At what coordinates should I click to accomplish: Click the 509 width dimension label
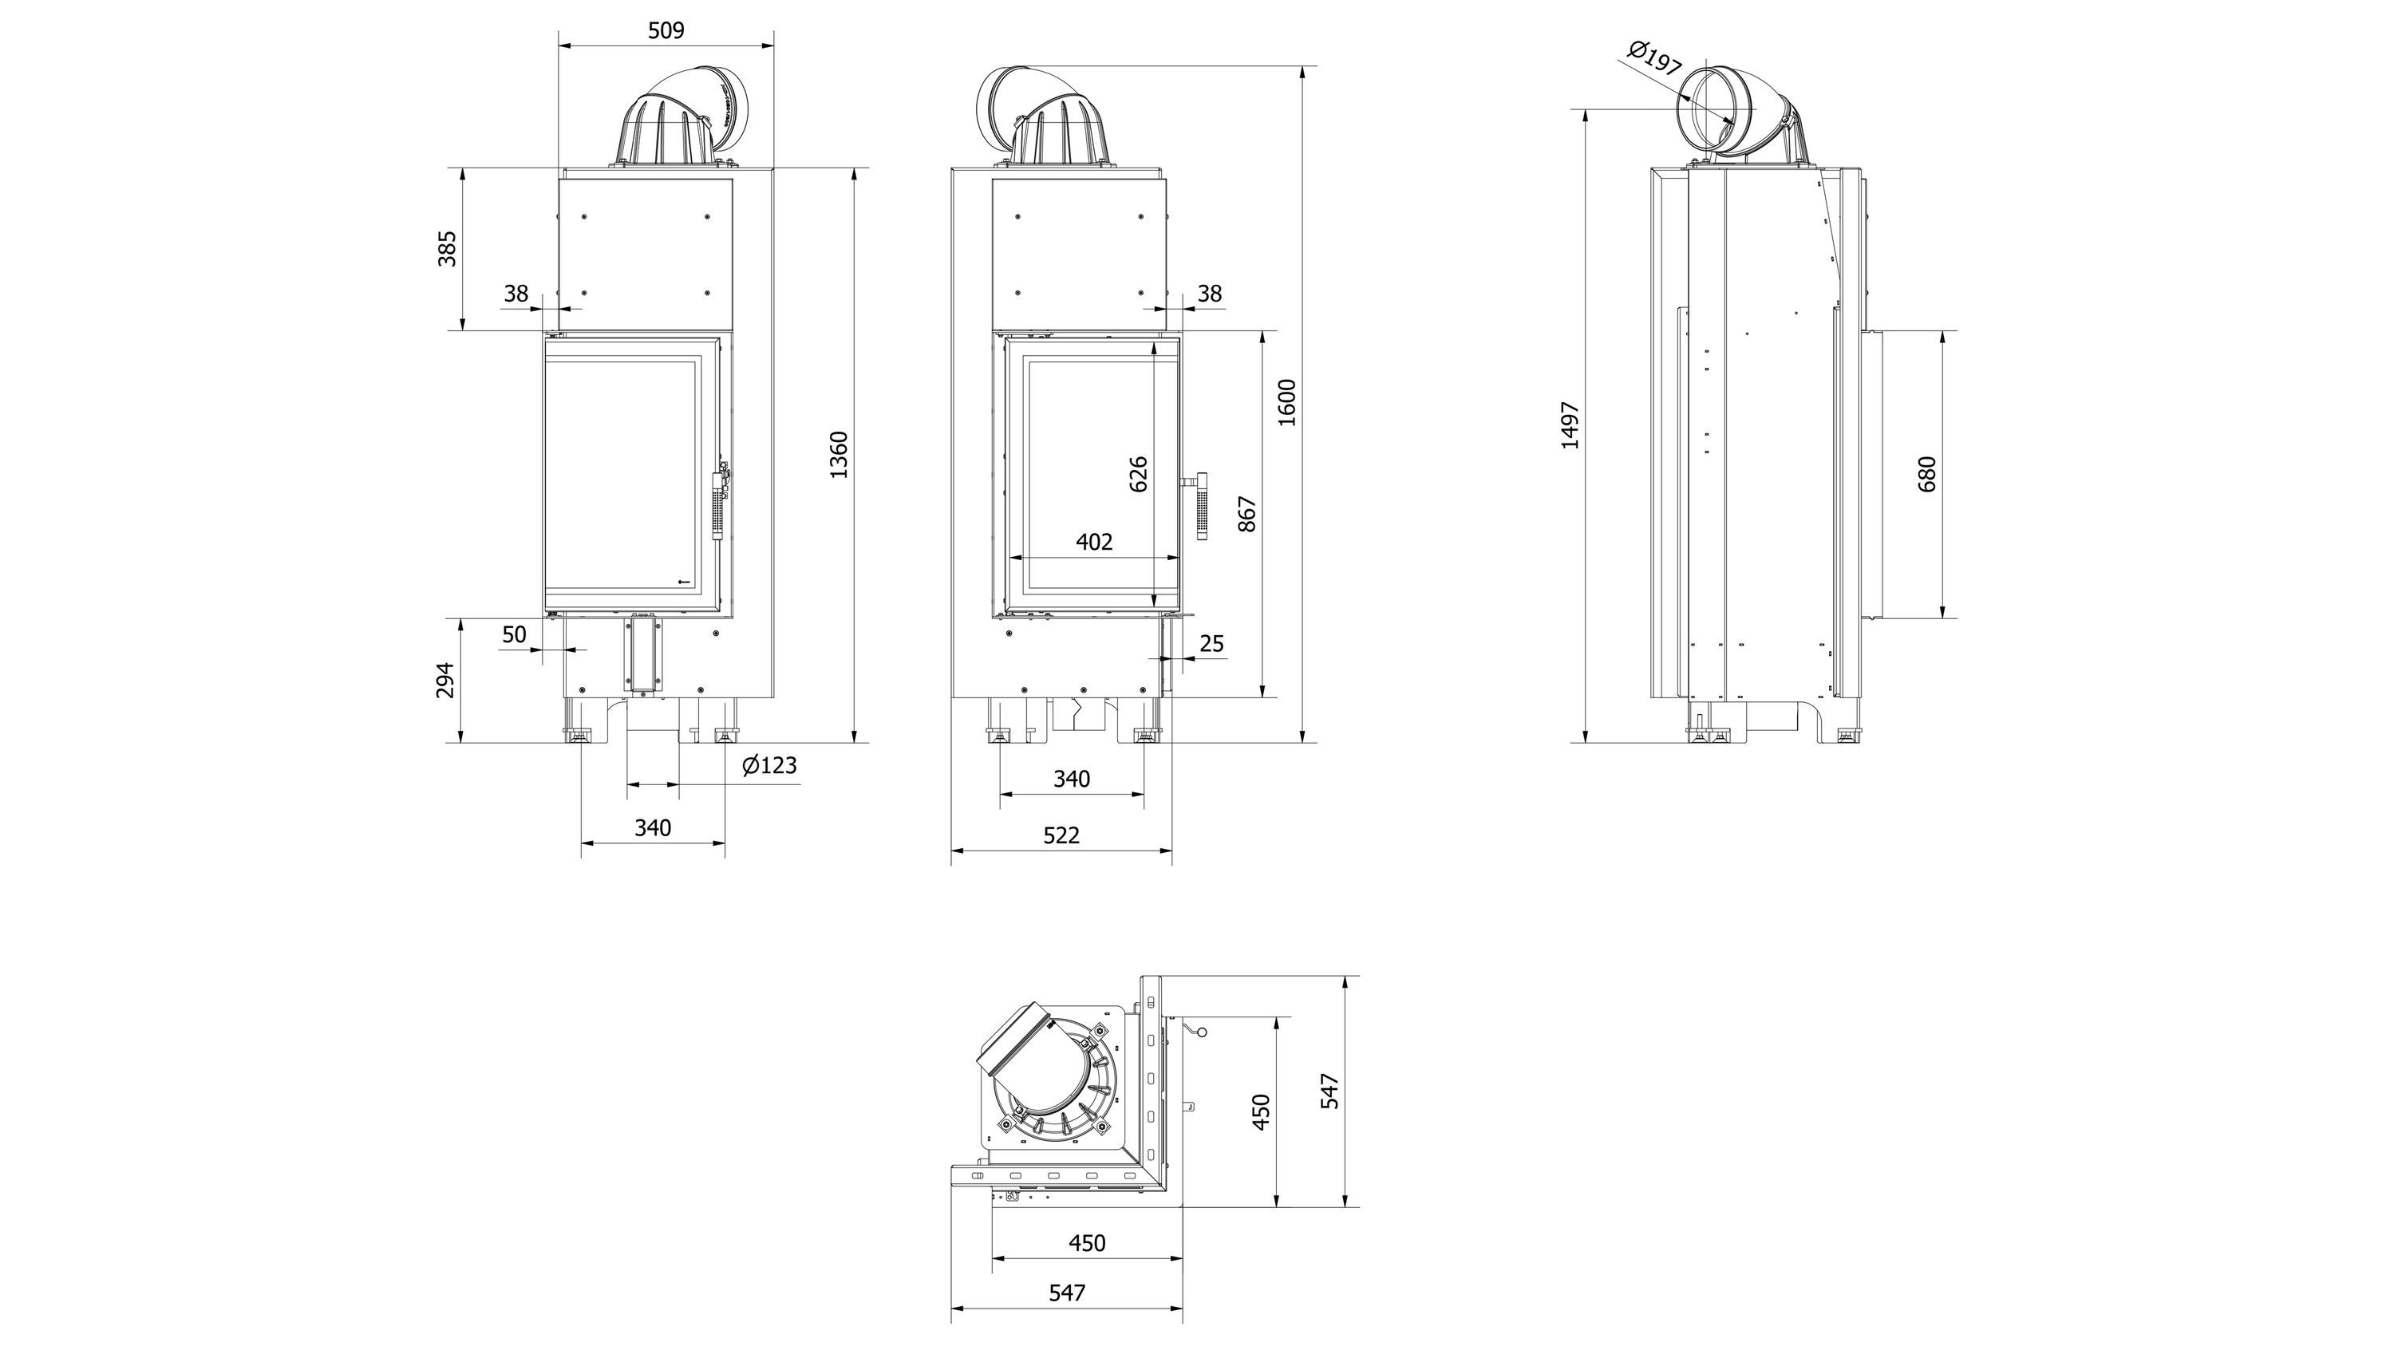click(666, 30)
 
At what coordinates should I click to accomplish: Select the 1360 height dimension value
click(839, 455)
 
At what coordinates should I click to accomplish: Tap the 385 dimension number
click(447, 249)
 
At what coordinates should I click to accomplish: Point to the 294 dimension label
click(446, 680)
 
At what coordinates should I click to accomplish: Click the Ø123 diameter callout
click(769, 765)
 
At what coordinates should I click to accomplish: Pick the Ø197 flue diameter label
click(1655, 57)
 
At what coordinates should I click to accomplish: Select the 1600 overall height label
click(1287, 402)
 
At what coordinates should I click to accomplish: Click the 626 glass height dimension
click(1139, 474)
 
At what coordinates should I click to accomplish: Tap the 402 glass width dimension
click(1094, 542)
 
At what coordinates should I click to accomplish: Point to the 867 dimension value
click(1248, 514)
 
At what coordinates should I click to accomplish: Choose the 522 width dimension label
click(1061, 835)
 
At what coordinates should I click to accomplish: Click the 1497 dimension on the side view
click(1570, 425)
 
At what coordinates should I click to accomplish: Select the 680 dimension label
click(1926, 474)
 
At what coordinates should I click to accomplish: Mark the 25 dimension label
click(1212, 644)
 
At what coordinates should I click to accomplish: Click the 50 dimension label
click(514, 634)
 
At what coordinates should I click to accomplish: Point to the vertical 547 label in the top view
click(1330, 1091)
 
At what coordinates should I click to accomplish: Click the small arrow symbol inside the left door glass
click(684, 582)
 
